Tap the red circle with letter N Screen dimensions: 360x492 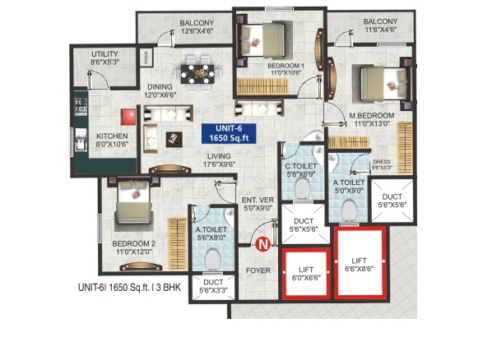[262, 243]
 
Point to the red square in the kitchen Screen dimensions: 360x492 [128, 116]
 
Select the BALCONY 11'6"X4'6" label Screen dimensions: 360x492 [381, 26]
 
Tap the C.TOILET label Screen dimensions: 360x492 [301, 170]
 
